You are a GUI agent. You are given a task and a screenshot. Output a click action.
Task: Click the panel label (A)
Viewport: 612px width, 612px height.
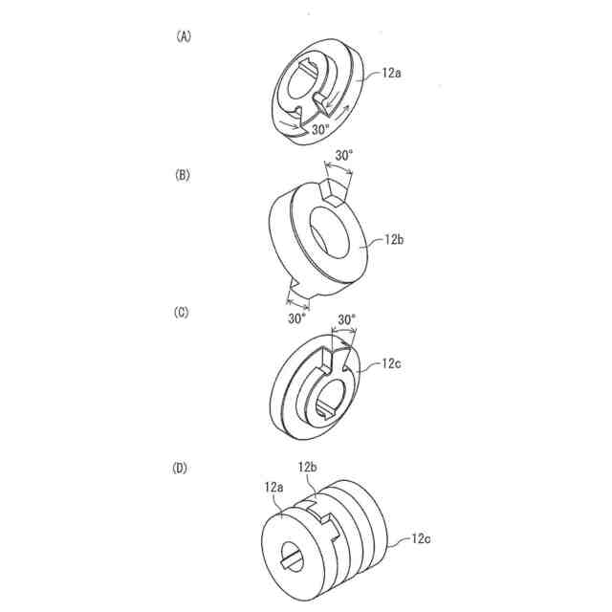[183, 36]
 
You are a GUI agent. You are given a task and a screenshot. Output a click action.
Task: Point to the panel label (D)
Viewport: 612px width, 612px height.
[183, 469]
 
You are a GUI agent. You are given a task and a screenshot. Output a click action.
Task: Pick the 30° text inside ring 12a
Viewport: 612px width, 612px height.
[320, 127]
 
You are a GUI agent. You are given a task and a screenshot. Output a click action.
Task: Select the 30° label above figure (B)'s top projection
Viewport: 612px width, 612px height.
[344, 154]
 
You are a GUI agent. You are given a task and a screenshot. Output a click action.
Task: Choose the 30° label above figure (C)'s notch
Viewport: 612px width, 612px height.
[346, 319]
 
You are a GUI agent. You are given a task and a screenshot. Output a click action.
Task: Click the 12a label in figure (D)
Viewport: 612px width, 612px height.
[273, 486]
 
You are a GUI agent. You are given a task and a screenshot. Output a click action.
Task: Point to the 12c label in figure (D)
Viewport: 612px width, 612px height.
[421, 539]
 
